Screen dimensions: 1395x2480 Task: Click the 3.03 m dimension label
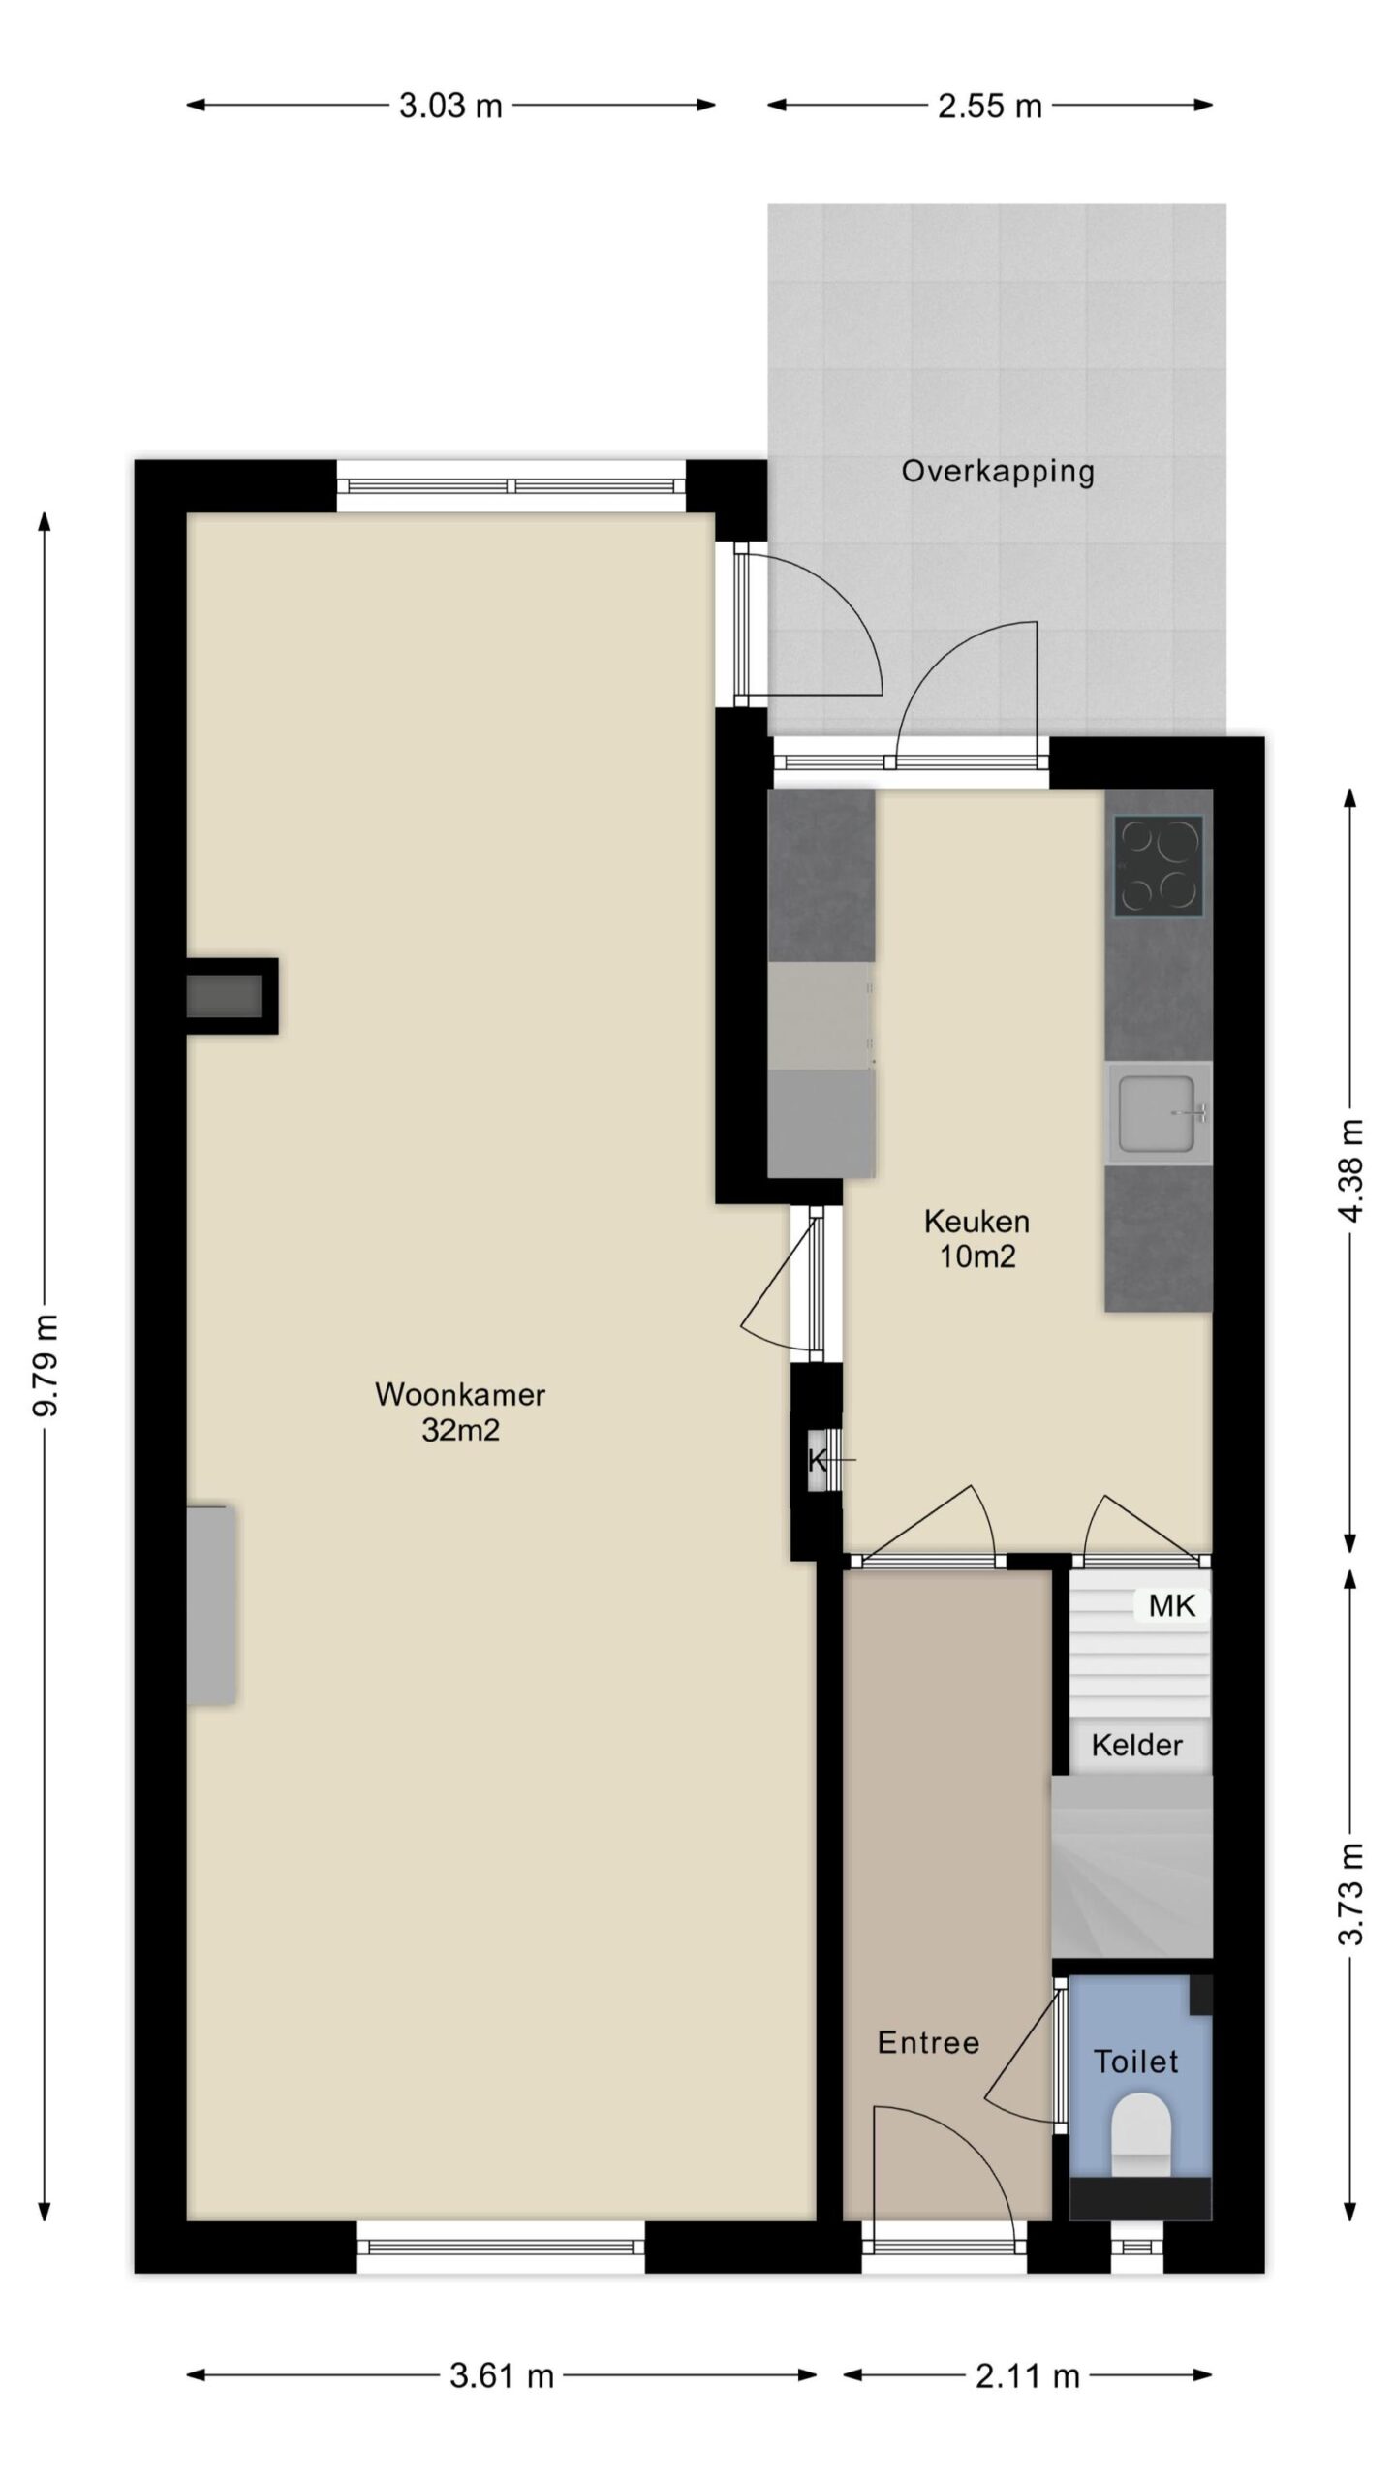pyautogui.click(x=450, y=105)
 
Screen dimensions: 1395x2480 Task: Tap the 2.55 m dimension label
pyautogui.click(x=989, y=105)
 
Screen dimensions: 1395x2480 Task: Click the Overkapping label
pyautogui.click(x=998, y=472)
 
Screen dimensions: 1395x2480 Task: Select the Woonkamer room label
pyautogui.click(x=460, y=1394)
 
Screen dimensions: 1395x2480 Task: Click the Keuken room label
pyautogui.click(x=976, y=1221)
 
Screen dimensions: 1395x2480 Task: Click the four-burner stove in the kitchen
pyautogui.click(x=1159, y=865)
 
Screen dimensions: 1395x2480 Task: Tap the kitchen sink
pyautogui.click(x=1159, y=1113)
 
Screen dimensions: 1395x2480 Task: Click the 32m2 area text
pyautogui.click(x=460, y=1430)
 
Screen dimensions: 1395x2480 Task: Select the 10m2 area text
pyautogui.click(x=976, y=1256)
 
